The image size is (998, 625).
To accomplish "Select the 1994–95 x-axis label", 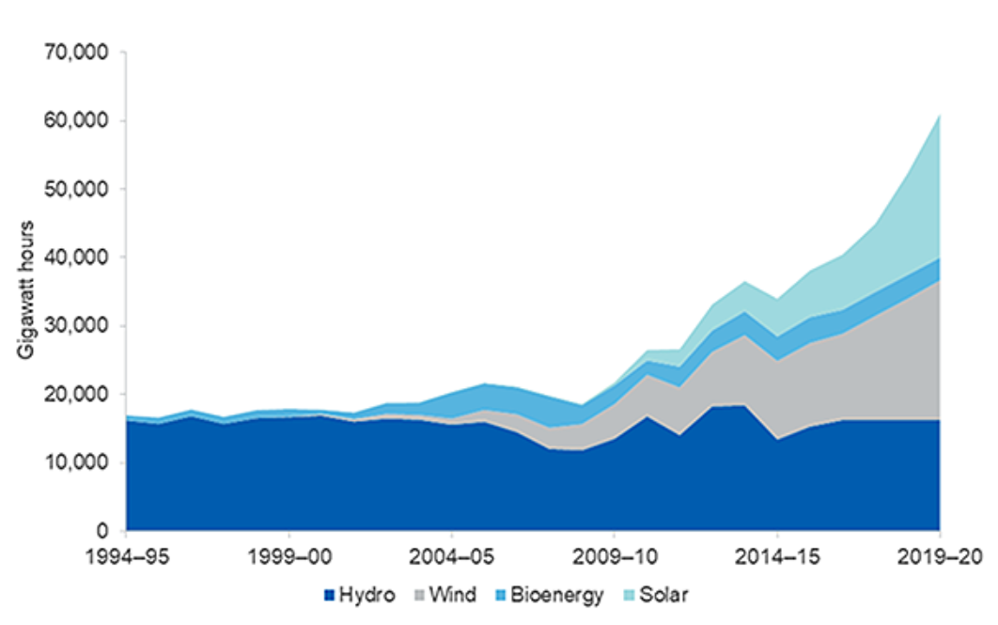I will point(126,557).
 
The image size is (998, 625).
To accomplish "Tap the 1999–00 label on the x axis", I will point(288,557).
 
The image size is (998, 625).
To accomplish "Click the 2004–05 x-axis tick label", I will point(451,557).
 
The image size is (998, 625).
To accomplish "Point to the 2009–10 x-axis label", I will point(614,557).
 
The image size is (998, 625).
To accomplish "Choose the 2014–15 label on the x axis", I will point(777,557).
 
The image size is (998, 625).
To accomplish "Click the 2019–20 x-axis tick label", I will point(940,557).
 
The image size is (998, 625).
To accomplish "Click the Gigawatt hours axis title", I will point(26,291).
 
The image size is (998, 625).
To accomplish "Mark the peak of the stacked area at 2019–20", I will point(940,115).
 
